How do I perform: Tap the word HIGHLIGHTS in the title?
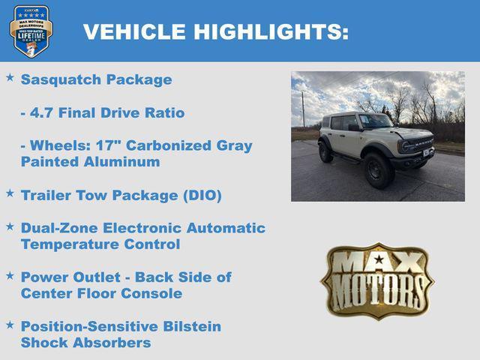coord(271,31)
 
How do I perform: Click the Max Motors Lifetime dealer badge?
coord(31,31)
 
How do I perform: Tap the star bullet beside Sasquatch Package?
coord(10,78)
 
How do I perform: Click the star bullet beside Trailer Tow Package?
coord(10,193)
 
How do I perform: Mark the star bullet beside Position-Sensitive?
coord(10,325)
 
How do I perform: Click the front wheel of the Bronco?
coord(379,170)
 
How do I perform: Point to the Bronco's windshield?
coord(373,121)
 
